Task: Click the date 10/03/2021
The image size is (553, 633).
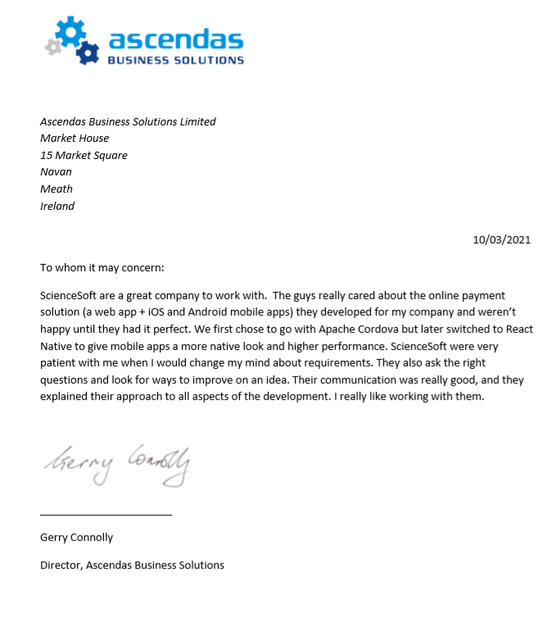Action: click(501, 239)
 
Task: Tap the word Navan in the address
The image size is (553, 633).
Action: click(56, 172)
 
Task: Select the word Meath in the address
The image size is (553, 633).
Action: click(57, 189)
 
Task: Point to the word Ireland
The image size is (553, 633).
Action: click(57, 207)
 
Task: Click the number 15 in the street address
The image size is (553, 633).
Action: click(46, 155)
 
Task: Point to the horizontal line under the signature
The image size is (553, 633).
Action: click(106, 515)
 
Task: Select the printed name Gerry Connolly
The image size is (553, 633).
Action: click(76, 538)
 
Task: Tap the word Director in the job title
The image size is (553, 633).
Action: click(61, 565)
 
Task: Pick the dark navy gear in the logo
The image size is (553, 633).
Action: click(86, 52)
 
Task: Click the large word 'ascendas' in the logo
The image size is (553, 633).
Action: click(175, 39)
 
